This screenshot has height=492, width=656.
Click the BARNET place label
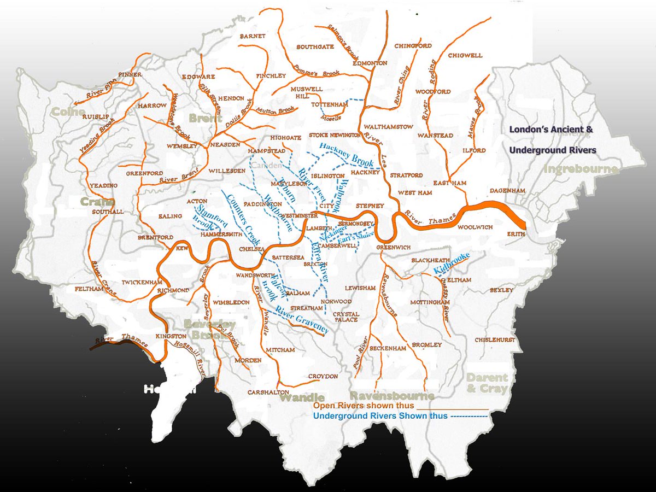pyautogui.click(x=253, y=36)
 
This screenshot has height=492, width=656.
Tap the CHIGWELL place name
pyautogui.click(x=465, y=55)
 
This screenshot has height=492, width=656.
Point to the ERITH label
pyautogui.click(x=516, y=233)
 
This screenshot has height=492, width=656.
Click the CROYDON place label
pyautogui.click(x=323, y=376)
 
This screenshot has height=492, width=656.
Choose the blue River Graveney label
pyautogui.click(x=302, y=320)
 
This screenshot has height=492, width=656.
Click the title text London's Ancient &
pyautogui.click(x=550, y=131)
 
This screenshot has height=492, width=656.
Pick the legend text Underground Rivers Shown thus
pyautogui.click(x=380, y=415)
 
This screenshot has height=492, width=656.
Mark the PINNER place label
pyautogui.click(x=130, y=74)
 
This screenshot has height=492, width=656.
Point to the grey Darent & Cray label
pyautogui.click(x=487, y=383)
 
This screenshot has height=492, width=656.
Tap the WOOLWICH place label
pyautogui.click(x=475, y=226)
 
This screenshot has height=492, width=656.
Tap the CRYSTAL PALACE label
pyautogui.click(x=346, y=317)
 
